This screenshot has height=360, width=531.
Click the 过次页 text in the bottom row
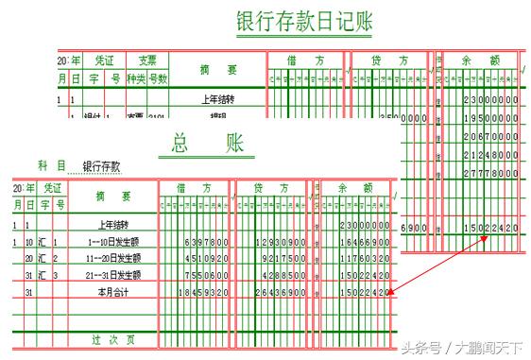[x=111, y=338]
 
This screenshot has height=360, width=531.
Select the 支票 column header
[x=147, y=60]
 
